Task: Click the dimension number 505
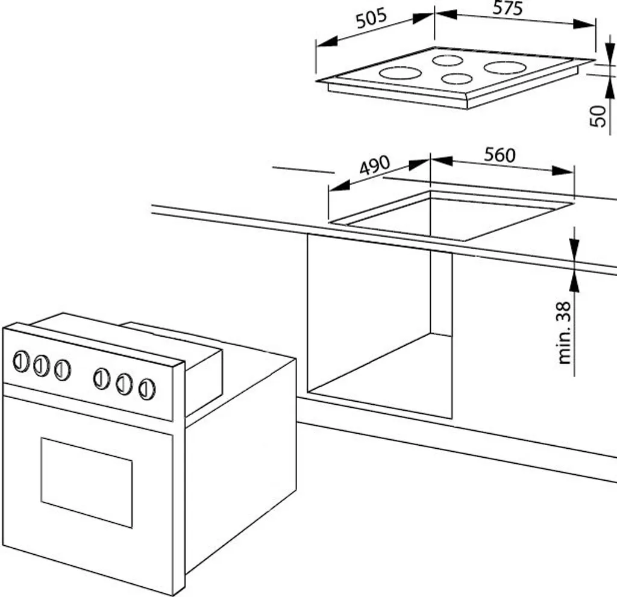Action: [370, 19]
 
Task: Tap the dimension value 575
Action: [507, 8]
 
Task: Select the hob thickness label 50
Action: [598, 115]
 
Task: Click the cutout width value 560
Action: [500, 155]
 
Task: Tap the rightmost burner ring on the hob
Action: [505, 67]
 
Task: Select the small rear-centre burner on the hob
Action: [447, 60]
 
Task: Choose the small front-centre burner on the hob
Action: [456, 78]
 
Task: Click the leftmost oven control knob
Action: [21, 361]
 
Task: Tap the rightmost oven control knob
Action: [146, 389]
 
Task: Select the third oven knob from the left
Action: [62, 369]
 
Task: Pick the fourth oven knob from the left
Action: [102, 379]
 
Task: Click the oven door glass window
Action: [86, 482]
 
